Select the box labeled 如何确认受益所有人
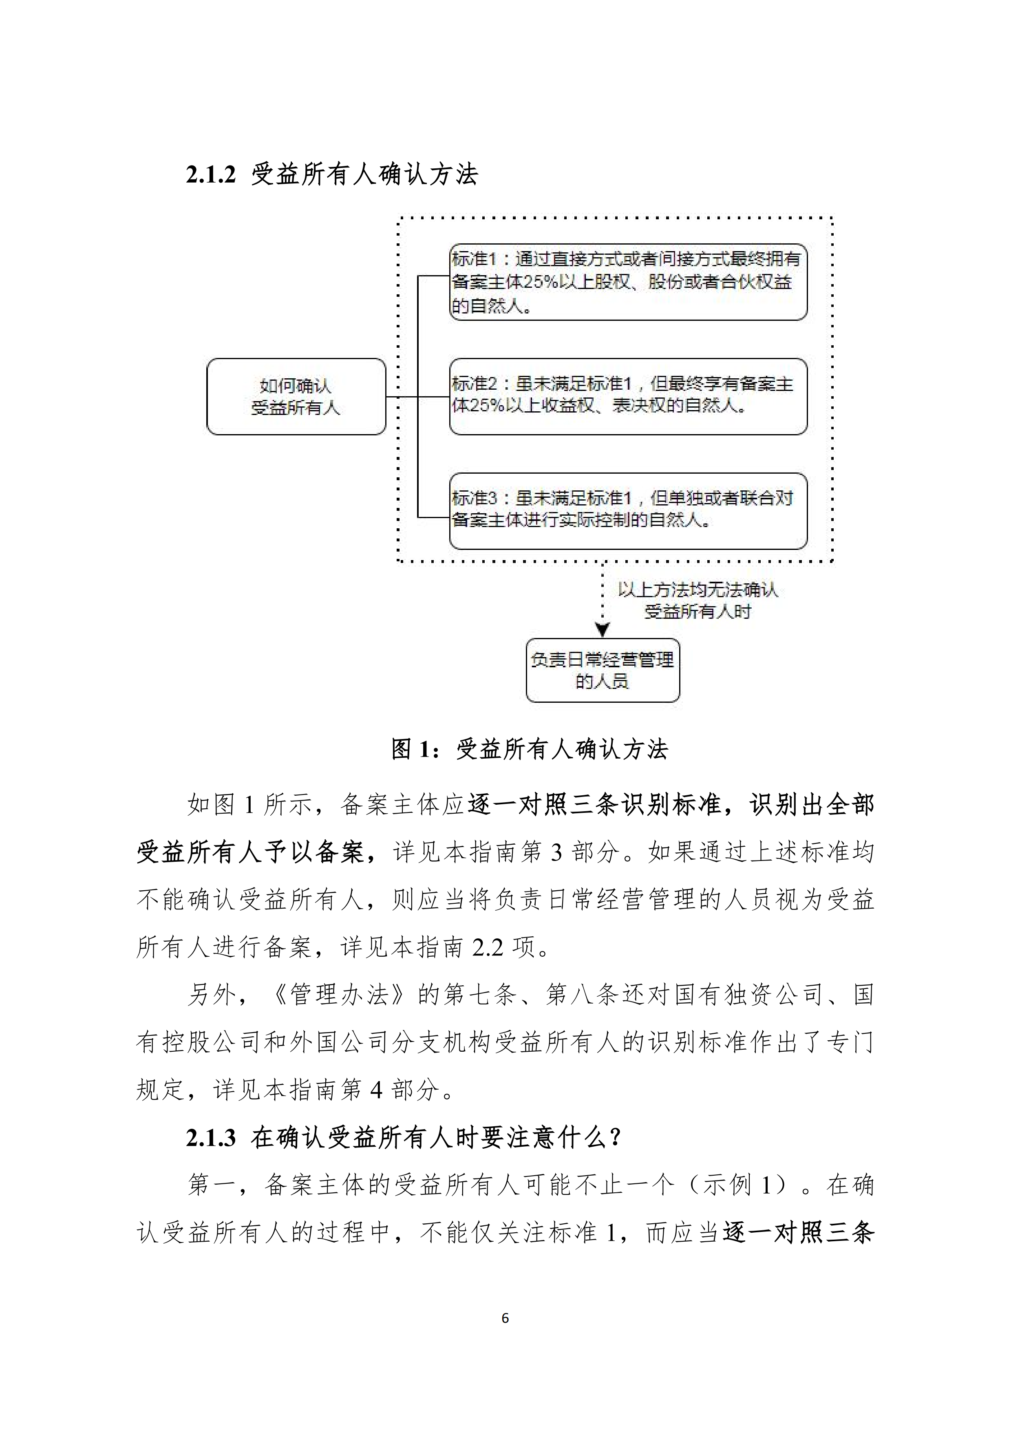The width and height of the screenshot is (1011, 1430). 296,397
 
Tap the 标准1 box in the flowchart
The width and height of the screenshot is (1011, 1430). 628,282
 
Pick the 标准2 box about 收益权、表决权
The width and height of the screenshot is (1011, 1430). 628,396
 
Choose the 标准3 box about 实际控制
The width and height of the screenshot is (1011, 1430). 628,511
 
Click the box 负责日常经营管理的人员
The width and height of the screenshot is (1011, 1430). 603,670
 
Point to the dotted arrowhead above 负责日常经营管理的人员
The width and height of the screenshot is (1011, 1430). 603,630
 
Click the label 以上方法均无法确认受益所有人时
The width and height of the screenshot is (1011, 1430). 698,601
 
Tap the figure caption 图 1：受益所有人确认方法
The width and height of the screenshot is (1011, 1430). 530,749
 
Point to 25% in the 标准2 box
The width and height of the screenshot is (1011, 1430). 486,406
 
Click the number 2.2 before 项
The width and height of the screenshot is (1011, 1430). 488,947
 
